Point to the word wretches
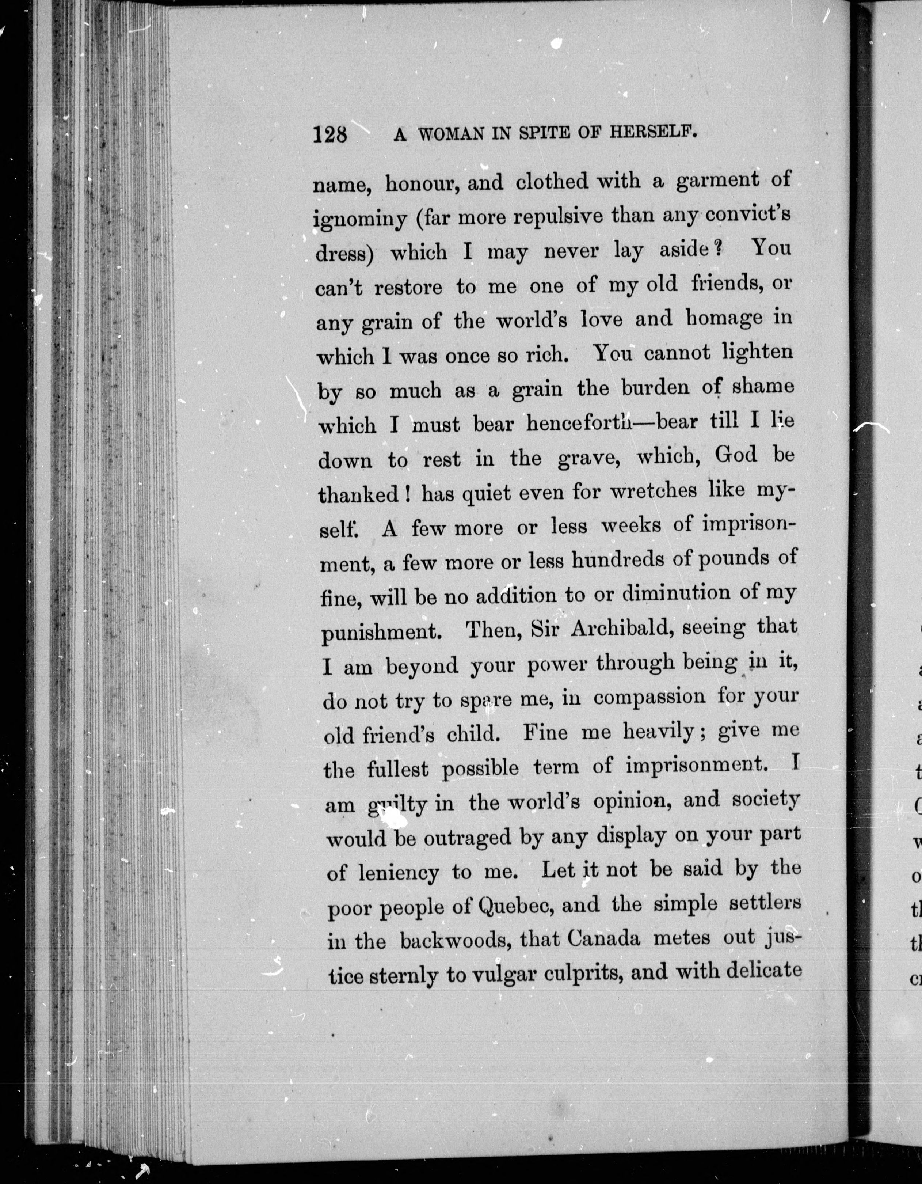(653, 491)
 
